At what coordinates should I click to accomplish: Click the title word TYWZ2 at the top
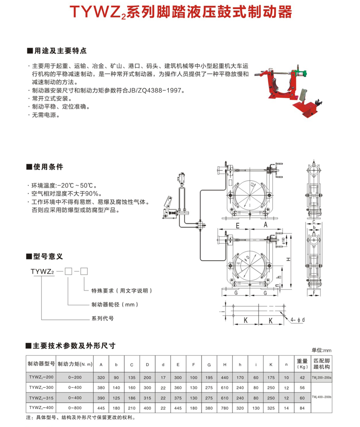pyautogui.click(x=100, y=12)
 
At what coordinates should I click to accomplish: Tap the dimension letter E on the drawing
pyautogui.click(x=237, y=224)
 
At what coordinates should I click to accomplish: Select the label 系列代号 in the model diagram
pyautogui.click(x=102, y=318)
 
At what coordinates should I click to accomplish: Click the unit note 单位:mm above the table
pyautogui.click(x=321, y=350)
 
